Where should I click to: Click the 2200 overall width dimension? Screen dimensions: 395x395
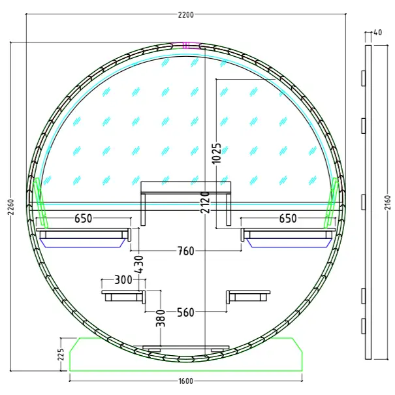(x=186, y=15)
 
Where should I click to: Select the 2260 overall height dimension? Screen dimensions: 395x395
(x=10, y=207)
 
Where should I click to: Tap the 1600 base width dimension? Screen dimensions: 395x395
(x=186, y=381)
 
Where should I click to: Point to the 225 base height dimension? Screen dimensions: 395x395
(x=61, y=355)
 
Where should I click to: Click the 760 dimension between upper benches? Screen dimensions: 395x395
(x=186, y=251)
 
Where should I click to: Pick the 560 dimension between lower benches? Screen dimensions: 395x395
(x=186, y=312)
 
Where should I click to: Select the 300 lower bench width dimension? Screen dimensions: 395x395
(x=123, y=279)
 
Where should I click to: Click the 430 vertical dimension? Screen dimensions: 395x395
(x=139, y=264)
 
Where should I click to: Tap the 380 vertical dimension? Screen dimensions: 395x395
(x=161, y=319)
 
